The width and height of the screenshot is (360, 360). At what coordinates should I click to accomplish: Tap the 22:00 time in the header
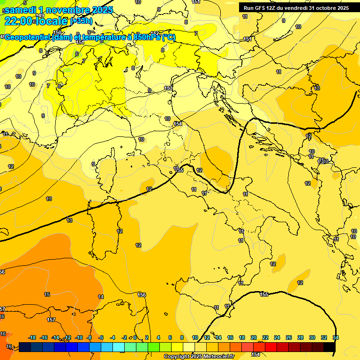click(x=18, y=21)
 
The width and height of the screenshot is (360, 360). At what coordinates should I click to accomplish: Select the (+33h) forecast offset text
click(x=81, y=21)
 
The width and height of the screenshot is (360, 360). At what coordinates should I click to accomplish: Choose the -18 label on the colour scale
click(x=32, y=337)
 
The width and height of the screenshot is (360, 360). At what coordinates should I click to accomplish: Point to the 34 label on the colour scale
click(x=336, y=337)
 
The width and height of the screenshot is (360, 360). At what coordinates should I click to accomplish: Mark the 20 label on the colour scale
click(x=254, y=337)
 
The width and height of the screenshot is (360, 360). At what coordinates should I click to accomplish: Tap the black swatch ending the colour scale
click(x=330, y=347)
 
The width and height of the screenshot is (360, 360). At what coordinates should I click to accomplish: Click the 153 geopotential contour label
click(x=168, y=88)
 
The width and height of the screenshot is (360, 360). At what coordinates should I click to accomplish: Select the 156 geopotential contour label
click(x=142, y=295)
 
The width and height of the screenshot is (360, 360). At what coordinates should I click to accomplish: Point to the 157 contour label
click(x=51, y=320)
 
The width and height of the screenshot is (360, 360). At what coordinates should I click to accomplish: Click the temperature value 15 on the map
click(x=47, y=294)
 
